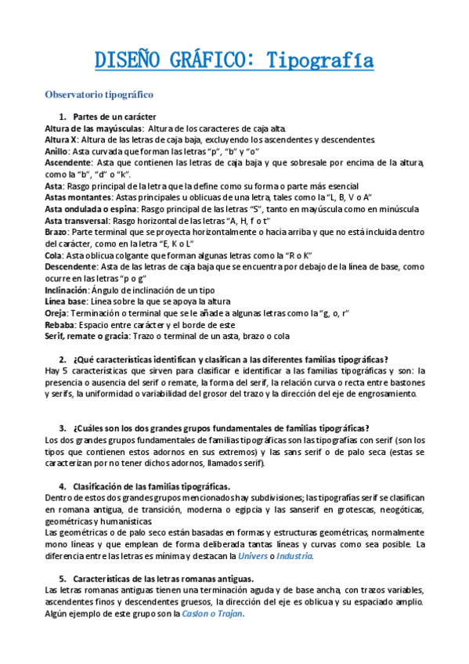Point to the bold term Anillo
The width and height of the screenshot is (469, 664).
[x=56, y=151]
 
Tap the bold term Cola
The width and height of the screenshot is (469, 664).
[x=54, y=255]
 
